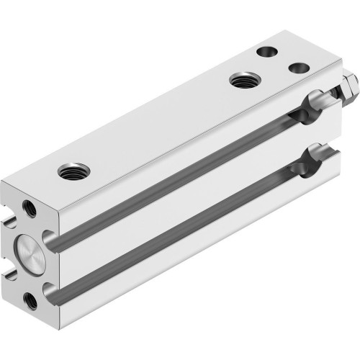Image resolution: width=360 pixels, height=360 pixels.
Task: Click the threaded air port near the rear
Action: click(241, 79)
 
